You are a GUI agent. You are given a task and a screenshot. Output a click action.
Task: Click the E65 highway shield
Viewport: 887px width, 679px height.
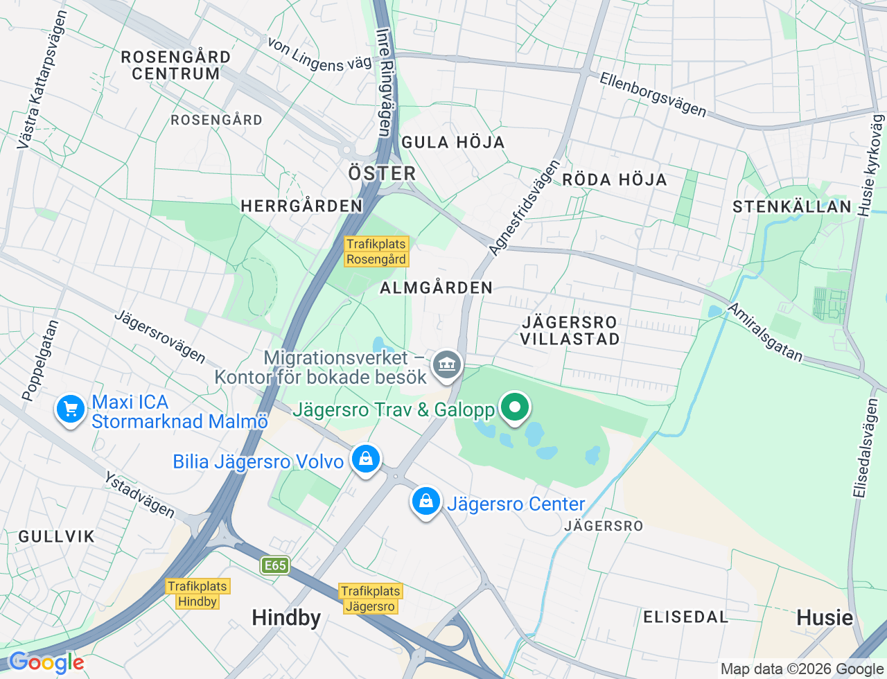[275, 565]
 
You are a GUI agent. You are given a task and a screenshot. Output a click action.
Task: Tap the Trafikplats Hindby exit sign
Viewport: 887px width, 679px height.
[197, 594]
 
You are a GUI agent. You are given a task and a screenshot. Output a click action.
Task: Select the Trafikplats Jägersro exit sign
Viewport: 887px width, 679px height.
[371, 599]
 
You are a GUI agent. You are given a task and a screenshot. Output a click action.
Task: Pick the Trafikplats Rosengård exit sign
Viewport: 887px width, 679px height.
[376, 252]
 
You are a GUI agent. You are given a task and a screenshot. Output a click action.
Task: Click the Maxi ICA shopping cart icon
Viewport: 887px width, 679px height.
[70, 409]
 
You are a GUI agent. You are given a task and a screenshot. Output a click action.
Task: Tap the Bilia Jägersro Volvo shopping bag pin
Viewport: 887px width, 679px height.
[365, 459]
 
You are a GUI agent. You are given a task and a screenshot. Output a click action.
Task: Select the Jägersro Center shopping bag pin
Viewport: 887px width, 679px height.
[426, 501]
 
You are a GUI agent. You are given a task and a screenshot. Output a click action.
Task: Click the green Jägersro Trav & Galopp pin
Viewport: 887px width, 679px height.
[513, 407]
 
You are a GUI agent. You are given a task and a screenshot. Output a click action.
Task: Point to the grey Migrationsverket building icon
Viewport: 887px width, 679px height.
[447, 364]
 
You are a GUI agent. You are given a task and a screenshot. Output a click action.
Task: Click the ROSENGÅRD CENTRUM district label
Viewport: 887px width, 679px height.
[176, 65]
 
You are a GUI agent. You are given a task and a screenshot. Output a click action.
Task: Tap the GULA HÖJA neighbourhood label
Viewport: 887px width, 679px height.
[453, 143]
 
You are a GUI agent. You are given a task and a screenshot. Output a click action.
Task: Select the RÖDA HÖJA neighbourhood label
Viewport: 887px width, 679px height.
[614, 180]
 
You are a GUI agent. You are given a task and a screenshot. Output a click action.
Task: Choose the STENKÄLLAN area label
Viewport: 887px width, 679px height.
[792, 206]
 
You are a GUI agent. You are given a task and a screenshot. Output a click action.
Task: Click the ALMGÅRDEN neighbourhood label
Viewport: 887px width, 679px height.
[436, 288]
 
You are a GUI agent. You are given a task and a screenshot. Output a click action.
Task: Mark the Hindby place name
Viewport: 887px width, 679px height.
[286, 617]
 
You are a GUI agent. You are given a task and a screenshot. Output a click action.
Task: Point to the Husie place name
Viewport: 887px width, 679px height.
[825, 617]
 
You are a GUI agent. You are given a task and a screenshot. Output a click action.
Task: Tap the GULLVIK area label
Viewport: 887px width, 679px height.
[57, 536]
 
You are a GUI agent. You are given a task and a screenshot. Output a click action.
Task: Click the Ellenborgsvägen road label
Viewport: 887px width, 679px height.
[653, 95]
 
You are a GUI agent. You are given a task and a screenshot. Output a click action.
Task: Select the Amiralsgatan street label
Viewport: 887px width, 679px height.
[765, 333]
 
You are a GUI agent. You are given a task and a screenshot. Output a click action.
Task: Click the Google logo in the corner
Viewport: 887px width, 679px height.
[46, 662]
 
